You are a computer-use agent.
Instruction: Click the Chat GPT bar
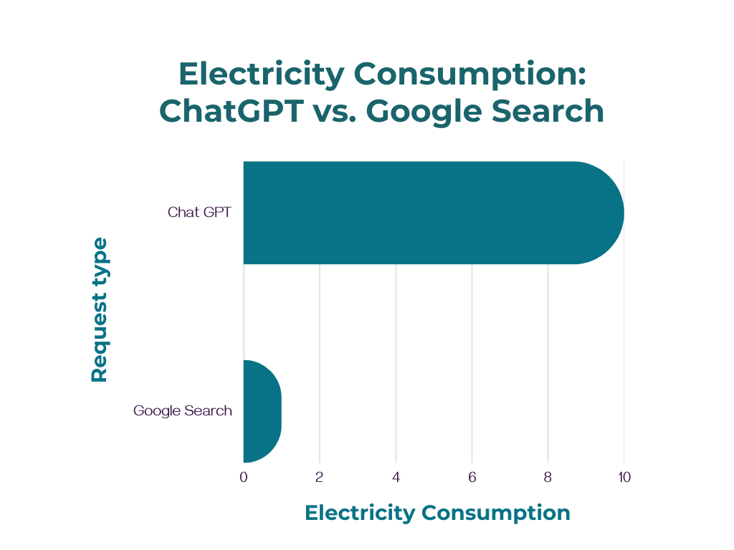pyautogui.click(x=430, y=213)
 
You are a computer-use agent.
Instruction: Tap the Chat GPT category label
pyautogui.click(x=199, y=213)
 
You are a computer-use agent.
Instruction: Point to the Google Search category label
pyautogui.click(x=183, y=411)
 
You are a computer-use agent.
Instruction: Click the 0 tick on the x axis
pyautogui.click(x=244, y=477)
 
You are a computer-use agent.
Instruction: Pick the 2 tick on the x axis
pyautogui.click(x=320, y=477)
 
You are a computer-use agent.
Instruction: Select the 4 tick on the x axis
pyautogui.click(x=396, y=477)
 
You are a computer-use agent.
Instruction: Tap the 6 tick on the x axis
pyautogui.click(x=472, y=477)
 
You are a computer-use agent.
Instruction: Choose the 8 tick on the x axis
pyautogui.click(x=548, y=477)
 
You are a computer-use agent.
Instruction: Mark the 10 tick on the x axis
pyautogui.click(x=624, y=477)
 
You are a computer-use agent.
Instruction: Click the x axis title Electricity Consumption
pyautogui.click(x=437, y=513)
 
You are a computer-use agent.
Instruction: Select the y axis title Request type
pyautogui.click(x=100, y=310)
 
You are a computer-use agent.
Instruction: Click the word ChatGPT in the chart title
pyautogui.click(x=229, y=112)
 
